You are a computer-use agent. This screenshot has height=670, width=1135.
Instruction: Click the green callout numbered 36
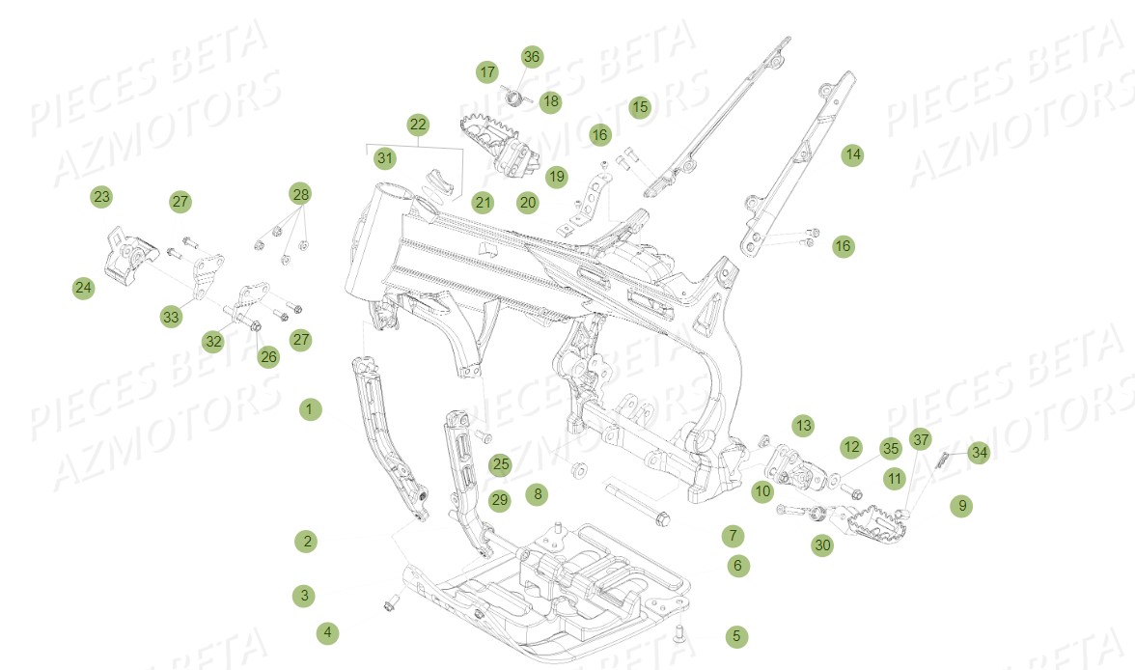[531, 57]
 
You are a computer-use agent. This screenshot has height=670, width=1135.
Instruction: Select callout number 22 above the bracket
[418, 125]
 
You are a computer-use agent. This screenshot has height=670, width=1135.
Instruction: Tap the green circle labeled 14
[853, 154]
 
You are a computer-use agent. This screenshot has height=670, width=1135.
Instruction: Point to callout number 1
[310, 409]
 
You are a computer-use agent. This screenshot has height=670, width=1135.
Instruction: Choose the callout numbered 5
[736, 636]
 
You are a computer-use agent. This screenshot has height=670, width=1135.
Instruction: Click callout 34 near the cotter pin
[979, 453]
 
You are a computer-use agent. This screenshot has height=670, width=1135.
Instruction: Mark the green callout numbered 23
[102, 196]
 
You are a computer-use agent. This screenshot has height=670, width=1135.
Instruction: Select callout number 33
[171, 317]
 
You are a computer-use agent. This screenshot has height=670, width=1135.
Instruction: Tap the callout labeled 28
[300, 194]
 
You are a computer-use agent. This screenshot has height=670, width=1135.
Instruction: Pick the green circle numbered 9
[962, 506]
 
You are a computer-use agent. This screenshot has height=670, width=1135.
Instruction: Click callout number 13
[803, 425]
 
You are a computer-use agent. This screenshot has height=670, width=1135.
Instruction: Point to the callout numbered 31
[385, 158]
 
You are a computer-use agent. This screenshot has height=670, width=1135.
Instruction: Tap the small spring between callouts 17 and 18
[514, 97]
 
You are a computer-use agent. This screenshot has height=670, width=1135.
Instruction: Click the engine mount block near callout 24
[130, 254]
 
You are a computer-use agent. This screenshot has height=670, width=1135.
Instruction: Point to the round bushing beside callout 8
[579, 471]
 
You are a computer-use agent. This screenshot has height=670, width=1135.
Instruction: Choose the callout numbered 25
[500, 464]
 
